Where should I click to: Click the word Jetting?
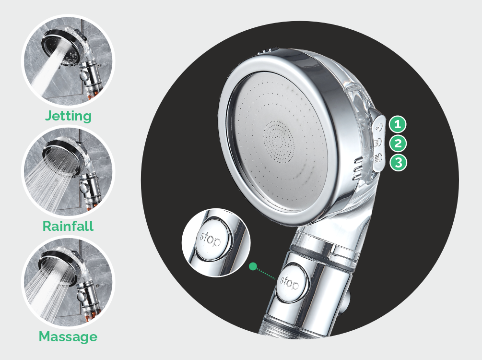68,116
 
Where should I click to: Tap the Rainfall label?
68,226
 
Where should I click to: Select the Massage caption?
68,336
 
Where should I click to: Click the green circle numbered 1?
398,124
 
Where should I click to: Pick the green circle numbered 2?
398,144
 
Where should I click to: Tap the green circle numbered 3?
399,162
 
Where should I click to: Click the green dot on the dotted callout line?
253,266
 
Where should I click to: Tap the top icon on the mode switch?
379,126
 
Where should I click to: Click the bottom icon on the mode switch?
379,158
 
